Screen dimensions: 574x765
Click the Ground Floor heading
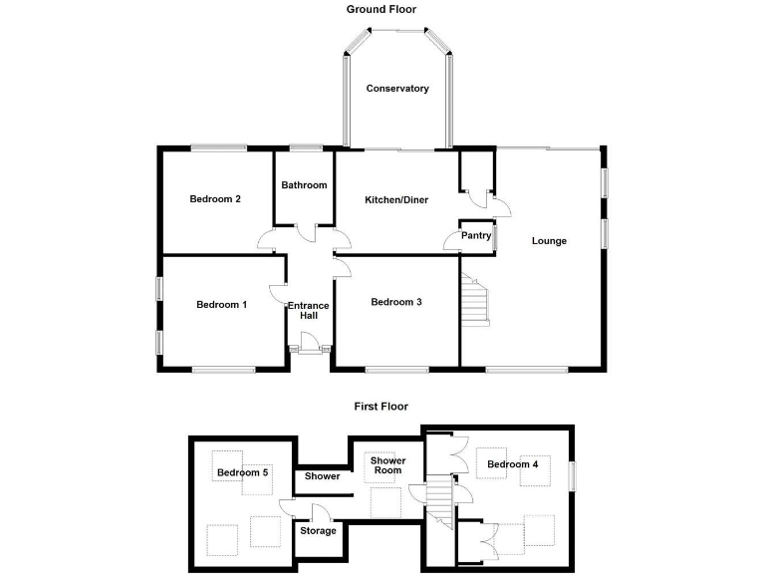tap(382, 9)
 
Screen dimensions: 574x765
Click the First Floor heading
tap(382, 407)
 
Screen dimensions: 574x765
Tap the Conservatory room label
tap(397, 89)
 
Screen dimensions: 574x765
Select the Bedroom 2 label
tap(216, 198)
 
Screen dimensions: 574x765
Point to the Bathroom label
tap(304, 185)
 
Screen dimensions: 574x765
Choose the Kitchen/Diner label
tap(396, 200)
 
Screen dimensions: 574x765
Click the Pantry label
tap(476, 236)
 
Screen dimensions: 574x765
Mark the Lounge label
tap(549, 240)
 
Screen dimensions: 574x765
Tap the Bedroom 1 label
tap(221, 305)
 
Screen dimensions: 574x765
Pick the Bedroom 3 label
tap(396, 302)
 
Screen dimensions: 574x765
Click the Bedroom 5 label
tap(243, 472)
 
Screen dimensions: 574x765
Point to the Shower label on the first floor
tap(323, 476)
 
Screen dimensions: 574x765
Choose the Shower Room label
tap(387, 465)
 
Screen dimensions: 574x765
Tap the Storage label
tap(319, 530)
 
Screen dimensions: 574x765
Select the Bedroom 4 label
tap(513, 464)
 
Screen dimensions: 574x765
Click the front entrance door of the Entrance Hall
tap(310, 348)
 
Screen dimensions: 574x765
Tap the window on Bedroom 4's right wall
tap(572, 475)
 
